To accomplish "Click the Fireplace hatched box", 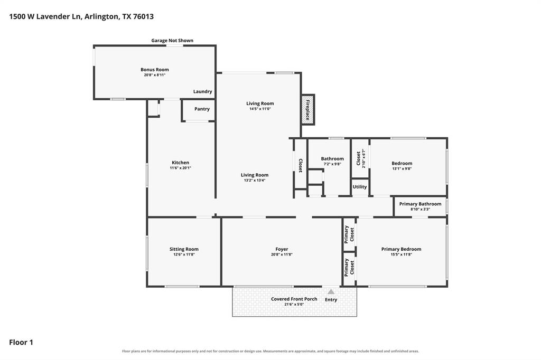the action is point(307,109).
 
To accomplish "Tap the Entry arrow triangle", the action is point(331,291).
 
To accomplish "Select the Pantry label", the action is point(202,109).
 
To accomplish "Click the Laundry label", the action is point(202,91).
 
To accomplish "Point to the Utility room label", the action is point(359,187).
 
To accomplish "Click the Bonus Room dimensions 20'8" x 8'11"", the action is point(155,75).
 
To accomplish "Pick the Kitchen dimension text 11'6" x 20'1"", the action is point(181,168).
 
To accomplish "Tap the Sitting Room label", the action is point(184,249).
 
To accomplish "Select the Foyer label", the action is point(282,249).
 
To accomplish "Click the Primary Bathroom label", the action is point(420,204).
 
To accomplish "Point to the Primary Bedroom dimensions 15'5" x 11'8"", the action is point(402,254).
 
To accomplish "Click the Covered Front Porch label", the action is point(294,299).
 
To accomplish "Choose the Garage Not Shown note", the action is point(172,40).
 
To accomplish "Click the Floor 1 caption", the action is point(21,343).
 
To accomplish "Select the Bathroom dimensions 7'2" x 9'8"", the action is point(332,164).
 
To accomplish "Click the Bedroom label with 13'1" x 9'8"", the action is point(402,163).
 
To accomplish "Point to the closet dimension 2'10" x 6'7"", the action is point(363,158).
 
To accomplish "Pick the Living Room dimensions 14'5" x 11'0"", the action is point(260,109).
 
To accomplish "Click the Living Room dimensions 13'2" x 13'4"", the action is point(255,180).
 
